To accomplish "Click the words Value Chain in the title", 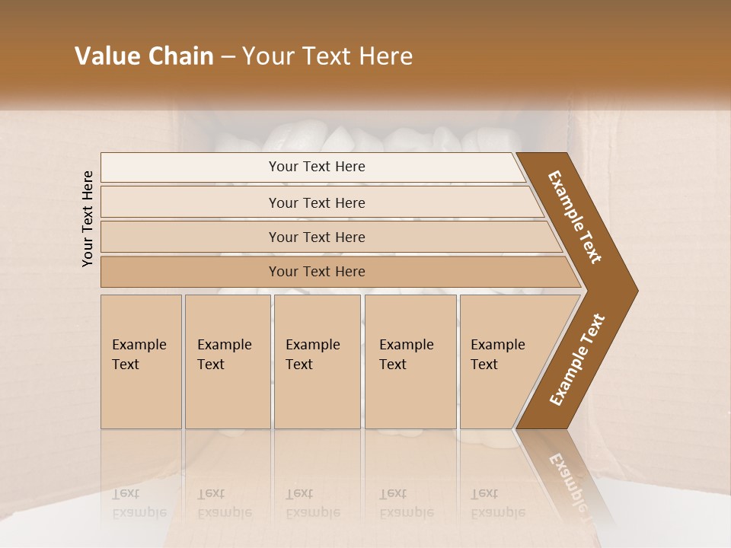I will click(x=144, y=56).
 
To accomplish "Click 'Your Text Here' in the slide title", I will click(x=327, y=56).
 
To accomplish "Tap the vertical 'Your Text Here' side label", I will click(x=88, y=218).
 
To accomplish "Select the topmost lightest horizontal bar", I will click(x=190, y=167).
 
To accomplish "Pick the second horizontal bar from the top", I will click(x=190, y=202).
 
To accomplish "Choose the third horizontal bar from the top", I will click(x=190, y=237).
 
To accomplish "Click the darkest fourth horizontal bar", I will click(x=190, y=272).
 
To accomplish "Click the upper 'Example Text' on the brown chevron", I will click(x=576, y=217).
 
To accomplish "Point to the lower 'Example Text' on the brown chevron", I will click(x=577, y=359).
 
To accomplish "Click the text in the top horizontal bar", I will click(x=317, y=167).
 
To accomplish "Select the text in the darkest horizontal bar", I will click(x=317, y=272).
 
